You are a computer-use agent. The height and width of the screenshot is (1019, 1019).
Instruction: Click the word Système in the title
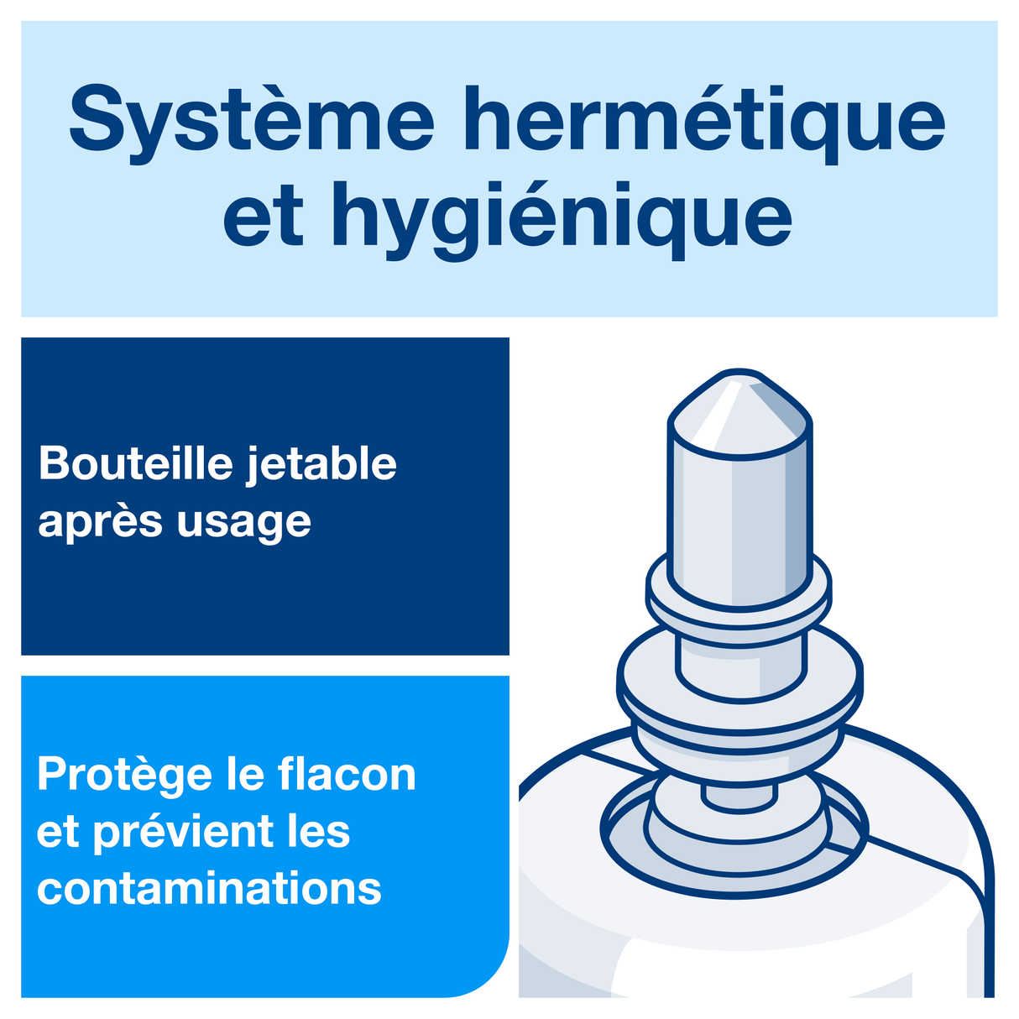(251, 118)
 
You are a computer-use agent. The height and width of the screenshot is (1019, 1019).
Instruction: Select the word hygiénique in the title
(562, 217)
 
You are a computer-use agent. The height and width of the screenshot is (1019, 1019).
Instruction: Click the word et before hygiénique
(263, 217)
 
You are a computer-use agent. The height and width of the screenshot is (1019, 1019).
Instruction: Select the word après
(100, 522)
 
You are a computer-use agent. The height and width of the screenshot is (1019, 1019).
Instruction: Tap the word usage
(243, 522)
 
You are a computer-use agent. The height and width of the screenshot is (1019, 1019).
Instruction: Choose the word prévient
(181, 832)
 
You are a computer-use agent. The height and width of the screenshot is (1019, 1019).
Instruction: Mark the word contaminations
(209, 889)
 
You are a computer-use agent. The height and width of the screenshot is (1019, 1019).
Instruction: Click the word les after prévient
(318, 832)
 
